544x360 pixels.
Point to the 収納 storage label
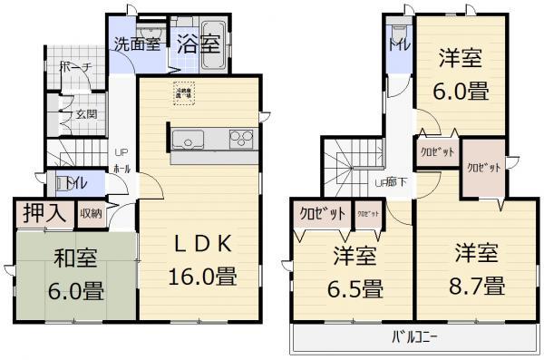91,214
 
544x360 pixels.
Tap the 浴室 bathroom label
197,42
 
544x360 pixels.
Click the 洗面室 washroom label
137,43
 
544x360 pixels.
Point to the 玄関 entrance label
86,113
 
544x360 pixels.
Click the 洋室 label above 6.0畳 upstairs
459,58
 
